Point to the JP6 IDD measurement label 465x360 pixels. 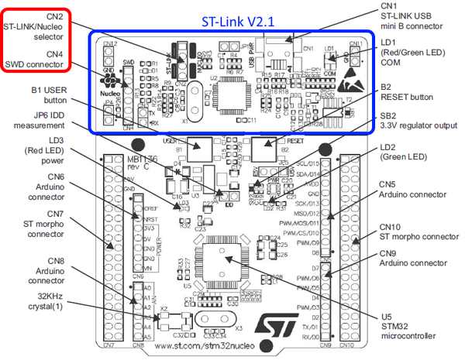[x=38, y=118]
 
